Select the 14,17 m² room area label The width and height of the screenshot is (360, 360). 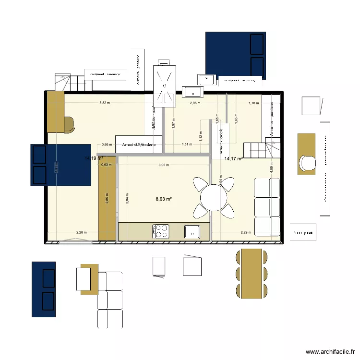point(233,159)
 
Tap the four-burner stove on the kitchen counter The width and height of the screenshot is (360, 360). point(161,231)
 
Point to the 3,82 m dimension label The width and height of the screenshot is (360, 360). point(105,103)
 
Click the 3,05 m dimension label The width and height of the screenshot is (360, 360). point(164,165)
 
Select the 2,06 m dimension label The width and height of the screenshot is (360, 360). point(194,103)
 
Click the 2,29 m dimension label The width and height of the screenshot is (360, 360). point(246,233)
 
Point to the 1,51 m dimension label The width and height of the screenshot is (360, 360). point(187,144)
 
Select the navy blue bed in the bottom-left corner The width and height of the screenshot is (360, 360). point(44,289)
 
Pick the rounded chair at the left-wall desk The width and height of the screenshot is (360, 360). point(69,123)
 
